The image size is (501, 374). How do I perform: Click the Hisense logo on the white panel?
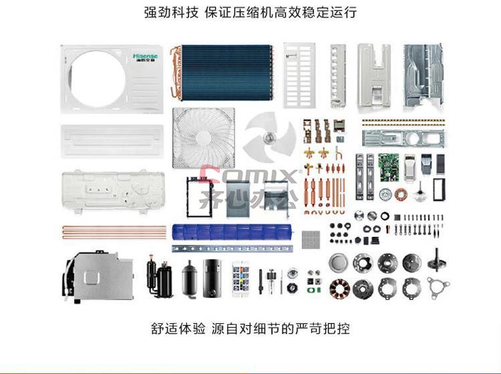(146, 57)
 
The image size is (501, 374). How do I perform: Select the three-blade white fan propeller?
(270, 138)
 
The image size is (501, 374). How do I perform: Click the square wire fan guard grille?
(204, 138)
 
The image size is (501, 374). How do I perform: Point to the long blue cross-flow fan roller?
(232, 232)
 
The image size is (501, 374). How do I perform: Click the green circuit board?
(389, 168)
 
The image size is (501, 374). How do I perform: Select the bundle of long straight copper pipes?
(114, 232)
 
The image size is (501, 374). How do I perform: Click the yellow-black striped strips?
(403, 123)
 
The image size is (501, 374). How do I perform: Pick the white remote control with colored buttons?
(240, 278)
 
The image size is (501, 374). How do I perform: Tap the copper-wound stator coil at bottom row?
(339, 288)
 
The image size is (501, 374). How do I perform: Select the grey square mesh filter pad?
(311, 240)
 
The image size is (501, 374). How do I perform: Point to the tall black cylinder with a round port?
(212, 278)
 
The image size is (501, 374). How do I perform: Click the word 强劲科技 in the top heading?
(171, 13)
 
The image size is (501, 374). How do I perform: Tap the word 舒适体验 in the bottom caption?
(178, 329)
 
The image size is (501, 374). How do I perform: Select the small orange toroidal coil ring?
(400, 194)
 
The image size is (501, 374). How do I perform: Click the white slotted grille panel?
(299, 75)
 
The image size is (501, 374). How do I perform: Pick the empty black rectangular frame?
(439, 190)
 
